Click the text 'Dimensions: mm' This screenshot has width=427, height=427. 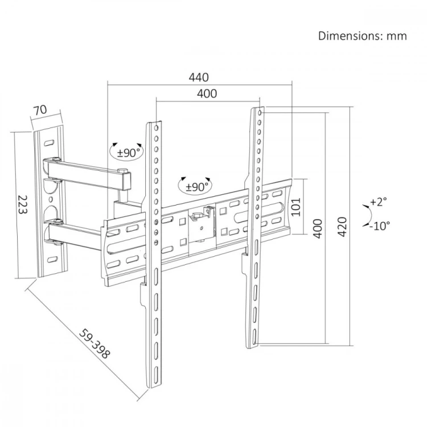click(x=363, y=36)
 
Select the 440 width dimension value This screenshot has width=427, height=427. click(x=199, y=77)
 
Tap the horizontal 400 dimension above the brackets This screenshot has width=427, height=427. click(x=207, y=94)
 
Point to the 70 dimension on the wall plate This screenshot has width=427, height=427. click(x=40, y=110)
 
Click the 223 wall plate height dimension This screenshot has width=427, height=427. click(x=23, y=204)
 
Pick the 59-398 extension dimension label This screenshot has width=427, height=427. click(x=95, y=344)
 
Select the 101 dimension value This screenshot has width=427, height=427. click(x=296, y=207)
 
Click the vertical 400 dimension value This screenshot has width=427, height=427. click(x=318, y=228)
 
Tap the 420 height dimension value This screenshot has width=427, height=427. click(x=342, y=227)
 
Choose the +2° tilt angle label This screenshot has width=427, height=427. click(x=379, y=202)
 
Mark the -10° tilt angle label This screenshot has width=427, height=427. click(x=380, y=226)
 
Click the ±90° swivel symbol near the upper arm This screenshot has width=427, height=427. click(x=126, y=151)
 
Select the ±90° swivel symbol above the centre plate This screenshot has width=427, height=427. click(x=195, y=186)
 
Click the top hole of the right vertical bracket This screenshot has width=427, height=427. click(x=260, y=113)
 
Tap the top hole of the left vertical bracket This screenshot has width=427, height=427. click(x=157, y=128)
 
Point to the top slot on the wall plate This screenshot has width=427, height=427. click(x=49, y=142)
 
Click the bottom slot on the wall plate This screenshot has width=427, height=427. click(x=52, y=259)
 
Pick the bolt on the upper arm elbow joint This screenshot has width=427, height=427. click(x=124, y=171)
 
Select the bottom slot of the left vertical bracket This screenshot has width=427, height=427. click(x=155, y=375)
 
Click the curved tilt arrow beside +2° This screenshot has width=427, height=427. click(x=369, y=215)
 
